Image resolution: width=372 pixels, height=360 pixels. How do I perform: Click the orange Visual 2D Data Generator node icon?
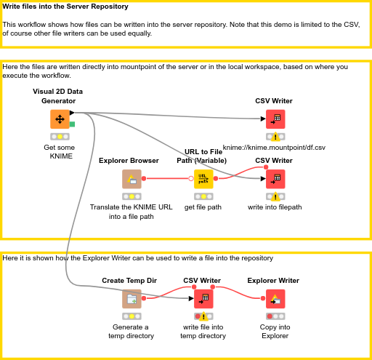click(x=60, y=119)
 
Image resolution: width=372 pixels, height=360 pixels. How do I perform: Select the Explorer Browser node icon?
click(x=132, y=179)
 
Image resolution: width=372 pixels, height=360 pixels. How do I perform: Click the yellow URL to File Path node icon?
click(x=203, y=179)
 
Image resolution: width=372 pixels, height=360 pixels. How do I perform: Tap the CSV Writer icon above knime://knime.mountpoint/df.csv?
click(x=275, y=119)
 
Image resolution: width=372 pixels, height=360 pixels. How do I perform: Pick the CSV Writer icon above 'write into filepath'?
click(x=275, y=179)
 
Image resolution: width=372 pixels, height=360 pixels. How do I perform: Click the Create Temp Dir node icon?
click(x=132, y=299)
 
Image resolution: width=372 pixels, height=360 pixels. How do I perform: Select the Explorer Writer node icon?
click(x=275, y=299)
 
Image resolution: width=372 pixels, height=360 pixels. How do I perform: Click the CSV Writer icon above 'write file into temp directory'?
click(x=203, y=299)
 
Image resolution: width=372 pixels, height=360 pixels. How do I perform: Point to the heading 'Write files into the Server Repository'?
click(x=66, y=7)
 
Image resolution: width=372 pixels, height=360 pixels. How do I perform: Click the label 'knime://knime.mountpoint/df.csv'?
click(x=274, y=148)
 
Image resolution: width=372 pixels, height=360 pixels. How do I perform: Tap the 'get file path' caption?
click(x=203, y=207)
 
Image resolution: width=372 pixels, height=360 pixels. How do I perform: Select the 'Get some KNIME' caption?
click(x=60, y=151)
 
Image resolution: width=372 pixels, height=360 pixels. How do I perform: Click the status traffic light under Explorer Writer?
click(x=275, y=316)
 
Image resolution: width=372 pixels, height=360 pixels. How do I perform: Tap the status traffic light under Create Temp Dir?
click(x=132, y=316)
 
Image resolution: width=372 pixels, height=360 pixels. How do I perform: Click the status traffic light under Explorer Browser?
click(x=132, y=196)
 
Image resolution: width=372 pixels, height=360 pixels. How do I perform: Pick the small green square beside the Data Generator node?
click(x=72, y=124)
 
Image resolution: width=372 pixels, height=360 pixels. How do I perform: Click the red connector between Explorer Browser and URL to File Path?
click(x=167, y=178)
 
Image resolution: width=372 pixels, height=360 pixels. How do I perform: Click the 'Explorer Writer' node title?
click(x=273, y=280)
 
